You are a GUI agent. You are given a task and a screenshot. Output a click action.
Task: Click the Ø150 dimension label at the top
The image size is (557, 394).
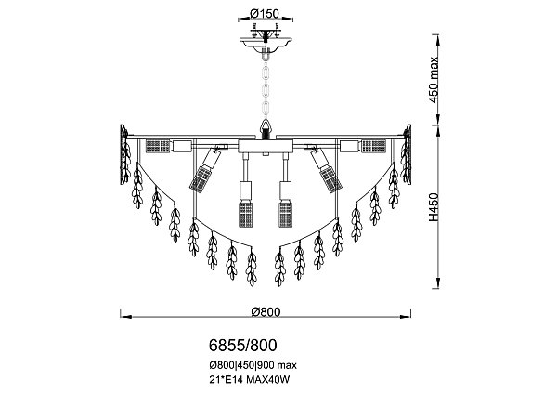[x=265, y=12]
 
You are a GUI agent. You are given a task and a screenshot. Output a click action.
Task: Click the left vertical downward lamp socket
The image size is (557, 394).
[x=247, y=205]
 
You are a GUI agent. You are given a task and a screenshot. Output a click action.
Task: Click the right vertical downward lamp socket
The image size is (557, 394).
[x=286, y=205]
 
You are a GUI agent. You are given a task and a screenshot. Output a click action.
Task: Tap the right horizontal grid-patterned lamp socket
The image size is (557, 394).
[x=374, y=145]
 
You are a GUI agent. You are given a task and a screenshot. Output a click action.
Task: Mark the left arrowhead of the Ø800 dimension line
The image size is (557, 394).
[x=123, y=310]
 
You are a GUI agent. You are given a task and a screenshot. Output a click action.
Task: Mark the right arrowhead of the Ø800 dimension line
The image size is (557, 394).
[x=411, y=310]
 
